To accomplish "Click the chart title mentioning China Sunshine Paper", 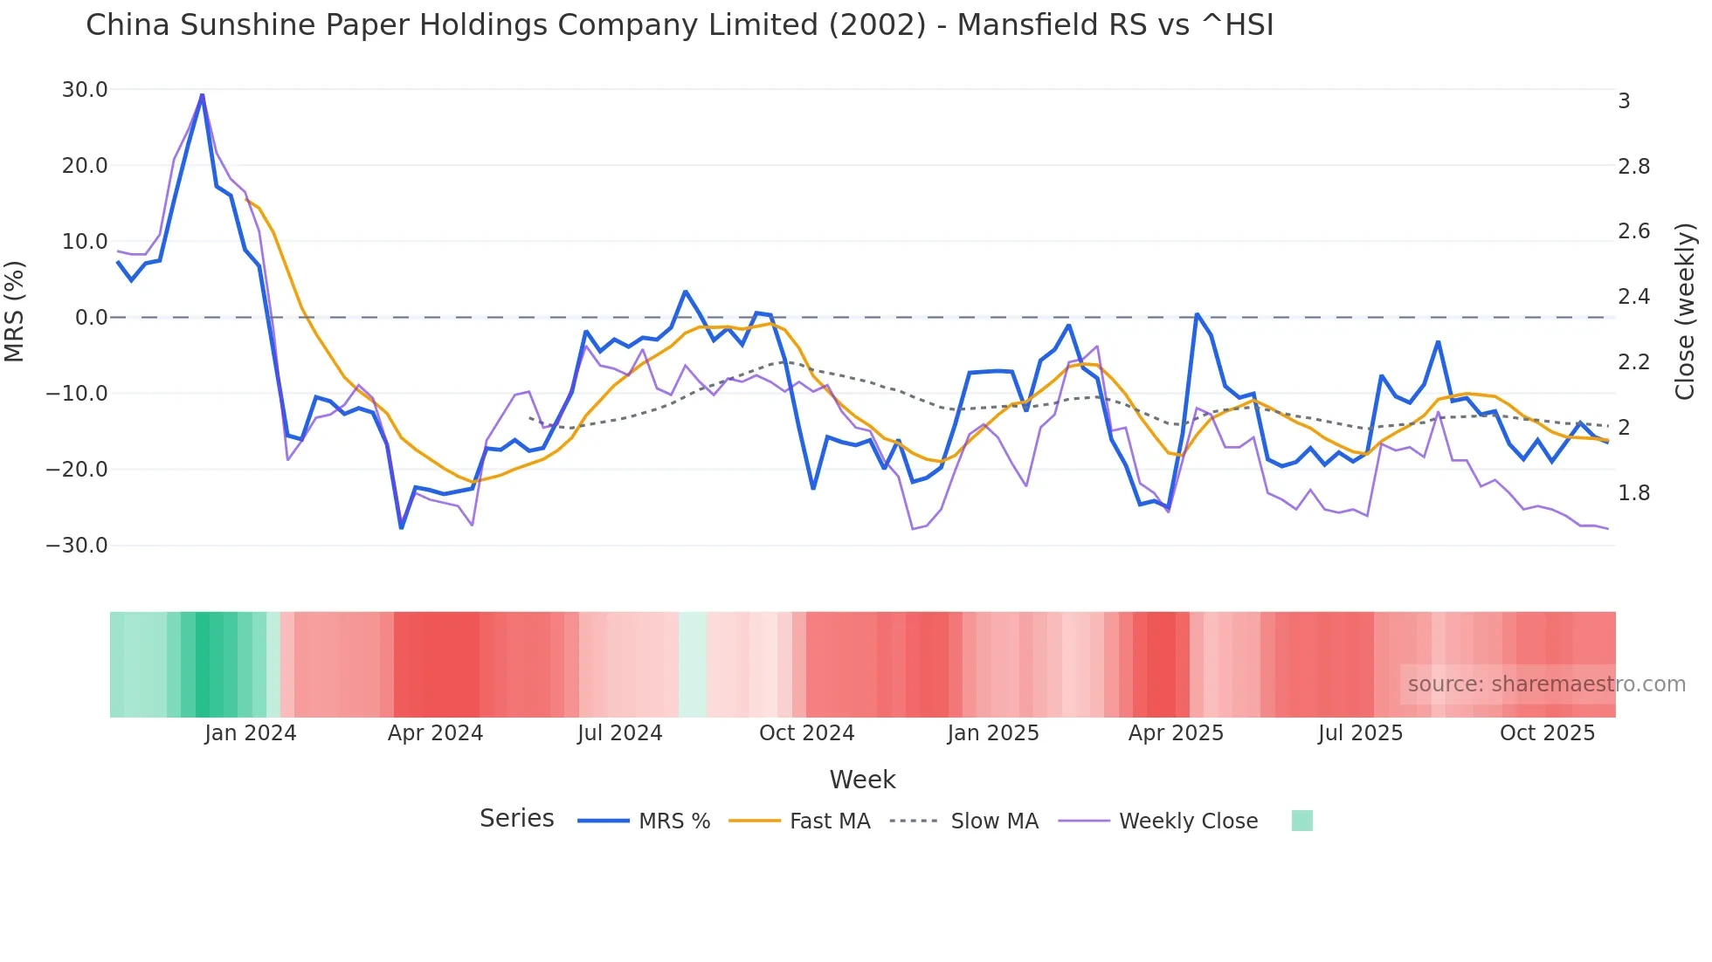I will [680, 25].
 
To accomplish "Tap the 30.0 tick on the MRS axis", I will [85, 90].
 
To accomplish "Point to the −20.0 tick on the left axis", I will [77, 470].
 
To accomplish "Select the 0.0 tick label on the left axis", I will [92, 318].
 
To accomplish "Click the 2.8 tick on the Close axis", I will [1633, 166].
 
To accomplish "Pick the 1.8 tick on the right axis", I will [1633, 493].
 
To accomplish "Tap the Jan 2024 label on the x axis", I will [251, 733].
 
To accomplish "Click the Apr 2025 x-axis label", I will [1176, 733].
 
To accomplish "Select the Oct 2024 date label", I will [806, 733].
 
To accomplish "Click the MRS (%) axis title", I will [15, 312].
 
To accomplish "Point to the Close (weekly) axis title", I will [1685, 312].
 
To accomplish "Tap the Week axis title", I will [862, 780].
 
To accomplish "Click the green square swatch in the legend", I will [1301, 821].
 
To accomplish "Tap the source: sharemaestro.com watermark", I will [1546, 684].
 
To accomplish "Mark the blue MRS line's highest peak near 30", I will [202, 95].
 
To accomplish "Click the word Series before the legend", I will [516, 819].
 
